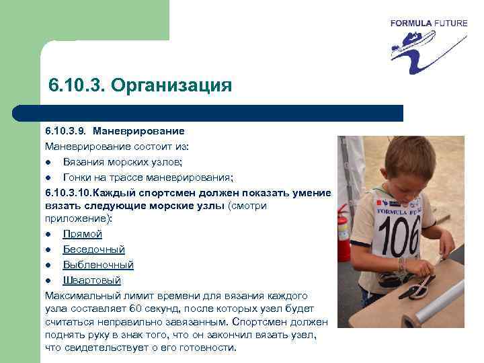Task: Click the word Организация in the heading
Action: coord(171,86)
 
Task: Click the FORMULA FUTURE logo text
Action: coord(429,23)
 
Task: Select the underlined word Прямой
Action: coord(83,234)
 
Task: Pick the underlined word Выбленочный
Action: coord(98,265)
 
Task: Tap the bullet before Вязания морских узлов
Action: coord(50,162)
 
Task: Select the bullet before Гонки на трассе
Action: coord(50,177)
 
